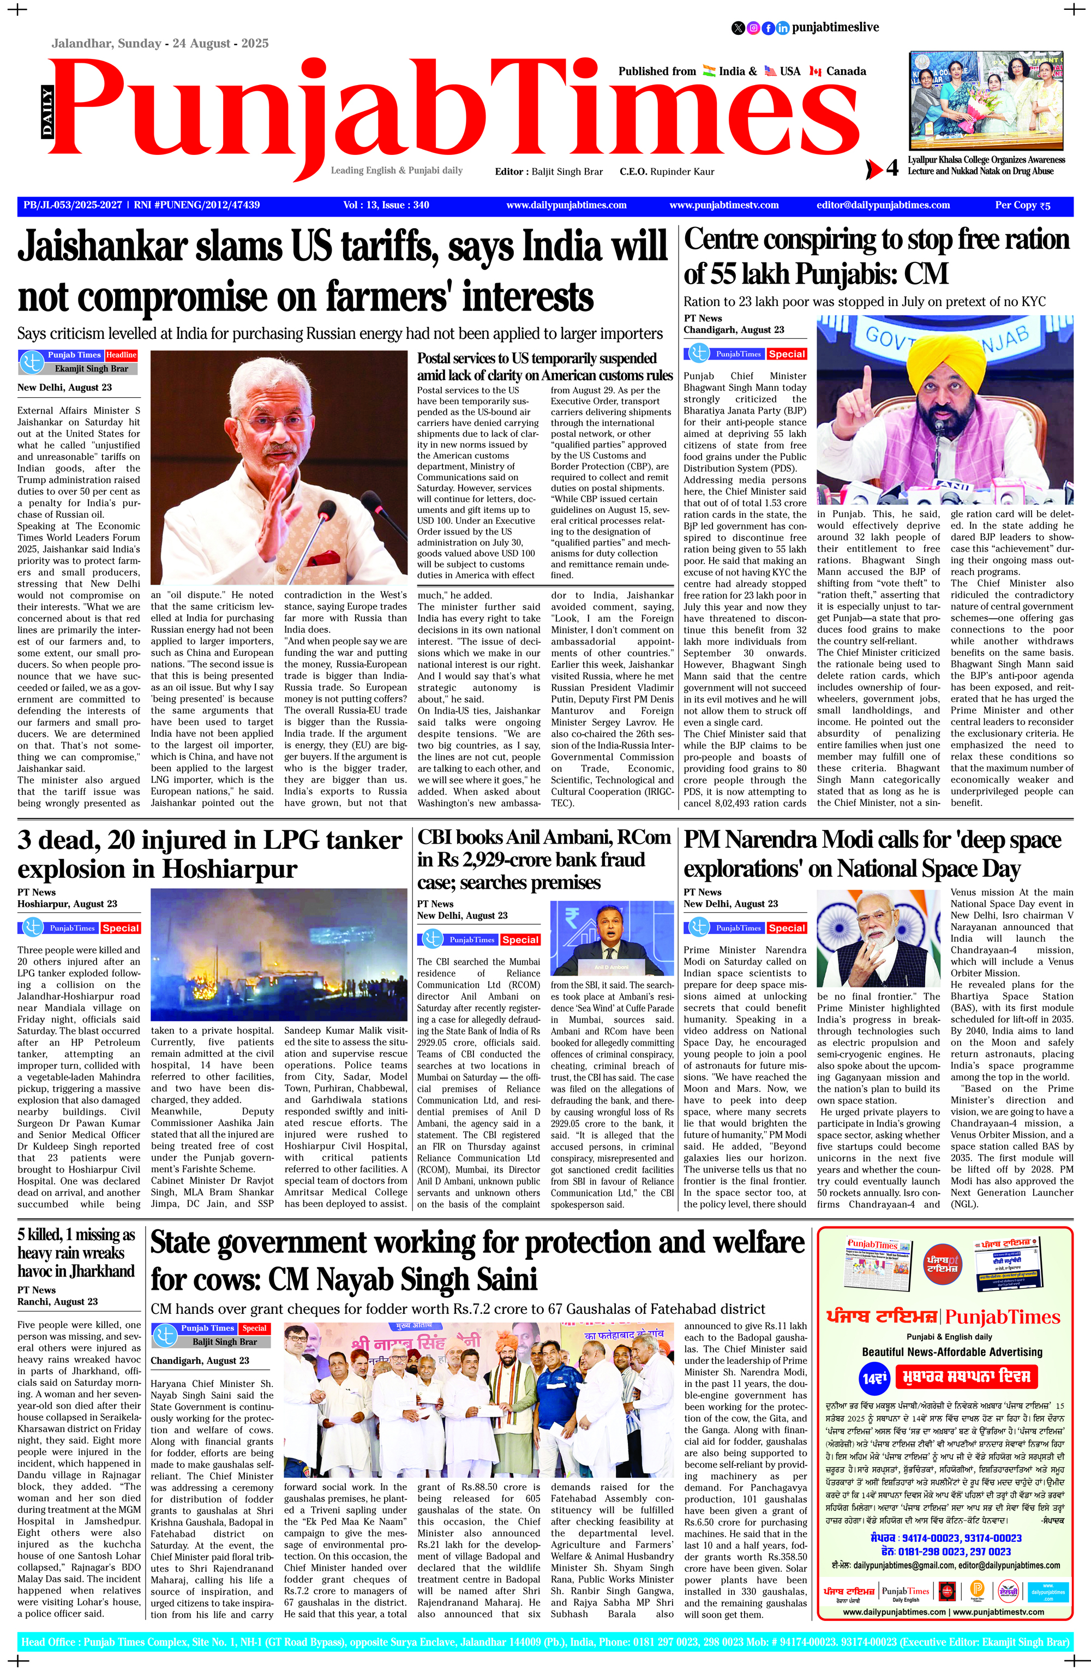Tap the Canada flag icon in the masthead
815,71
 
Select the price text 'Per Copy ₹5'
1022,206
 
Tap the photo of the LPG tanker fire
279,954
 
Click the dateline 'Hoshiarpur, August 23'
67,904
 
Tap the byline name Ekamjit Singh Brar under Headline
91,368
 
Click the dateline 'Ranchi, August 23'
57,1302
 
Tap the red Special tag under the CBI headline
519,940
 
